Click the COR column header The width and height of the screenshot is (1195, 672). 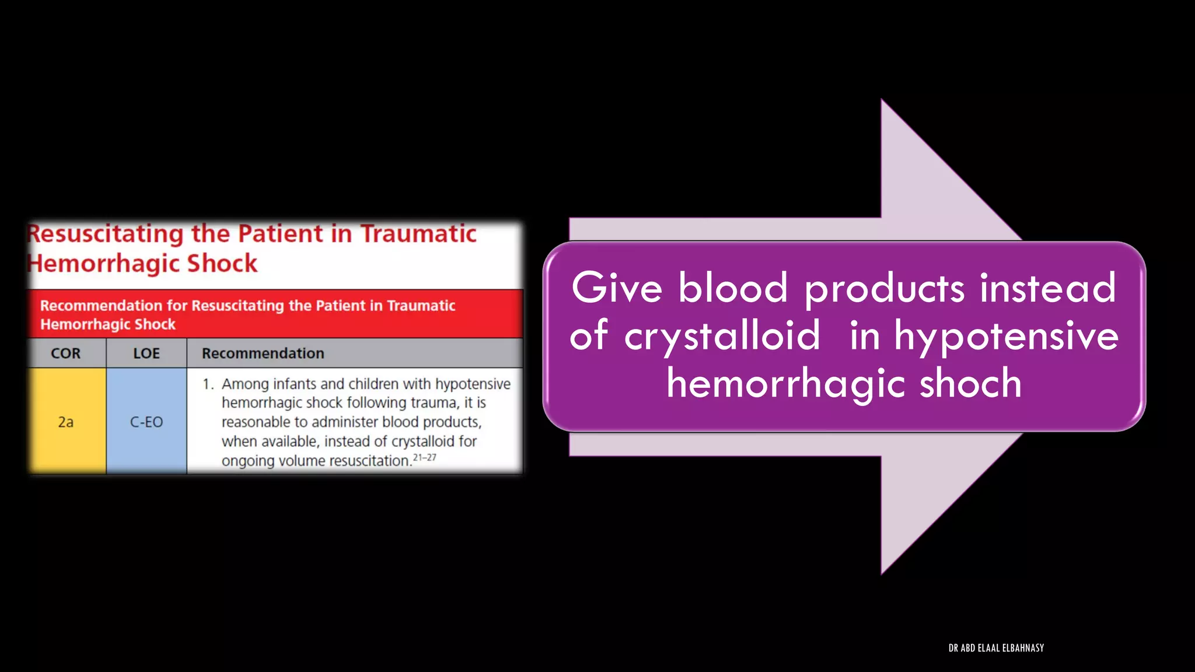65,353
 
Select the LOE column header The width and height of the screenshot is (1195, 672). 146,353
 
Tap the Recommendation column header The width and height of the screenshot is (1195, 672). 263,353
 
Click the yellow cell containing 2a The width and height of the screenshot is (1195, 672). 66,422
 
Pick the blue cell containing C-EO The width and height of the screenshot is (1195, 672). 146,422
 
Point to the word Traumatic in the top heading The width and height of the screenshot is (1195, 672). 418,234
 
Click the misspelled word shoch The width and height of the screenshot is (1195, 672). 970,383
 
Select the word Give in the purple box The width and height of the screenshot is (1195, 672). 617,288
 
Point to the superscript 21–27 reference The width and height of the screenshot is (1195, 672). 424,457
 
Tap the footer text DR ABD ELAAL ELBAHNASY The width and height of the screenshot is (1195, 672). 996,647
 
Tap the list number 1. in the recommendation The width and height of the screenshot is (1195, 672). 208,384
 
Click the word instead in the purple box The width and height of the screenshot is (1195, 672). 1047,288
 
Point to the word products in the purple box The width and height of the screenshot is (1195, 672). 885,289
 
